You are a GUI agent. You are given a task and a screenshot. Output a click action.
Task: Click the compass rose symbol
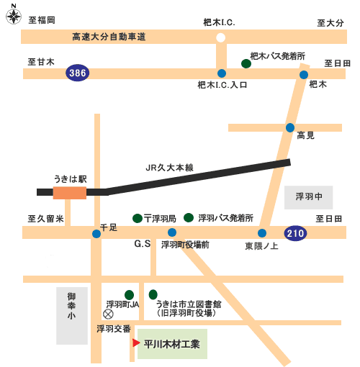click(14, 17)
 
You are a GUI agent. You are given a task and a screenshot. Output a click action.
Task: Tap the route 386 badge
click(78, 73)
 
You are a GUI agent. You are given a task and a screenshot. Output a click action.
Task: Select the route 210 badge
click(295, 233)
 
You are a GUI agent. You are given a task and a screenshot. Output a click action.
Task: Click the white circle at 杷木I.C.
click(220, 37)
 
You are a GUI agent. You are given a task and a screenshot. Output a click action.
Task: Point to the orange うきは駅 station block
click(70, 193)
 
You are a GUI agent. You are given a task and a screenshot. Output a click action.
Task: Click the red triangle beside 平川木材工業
click(136, 343)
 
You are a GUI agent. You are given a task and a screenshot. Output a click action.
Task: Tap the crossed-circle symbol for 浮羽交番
click(108, 314)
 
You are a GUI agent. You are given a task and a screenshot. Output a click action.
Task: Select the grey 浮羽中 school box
click(308, 197)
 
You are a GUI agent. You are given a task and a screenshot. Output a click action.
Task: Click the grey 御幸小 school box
click(72, 316)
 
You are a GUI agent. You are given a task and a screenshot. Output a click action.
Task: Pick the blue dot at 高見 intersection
click(290, 127)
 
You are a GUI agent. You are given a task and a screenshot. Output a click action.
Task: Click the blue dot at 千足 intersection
click(96, 234)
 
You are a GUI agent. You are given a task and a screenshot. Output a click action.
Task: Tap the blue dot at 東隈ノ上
click(262, 233)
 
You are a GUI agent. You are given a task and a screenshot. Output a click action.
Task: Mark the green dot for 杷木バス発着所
click(246, 64)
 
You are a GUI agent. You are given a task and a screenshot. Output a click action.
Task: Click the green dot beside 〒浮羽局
click(138, 218)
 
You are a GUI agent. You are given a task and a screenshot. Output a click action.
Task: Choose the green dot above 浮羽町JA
click(129, 295)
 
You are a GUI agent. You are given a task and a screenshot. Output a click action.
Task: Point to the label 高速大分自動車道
click(109, 37)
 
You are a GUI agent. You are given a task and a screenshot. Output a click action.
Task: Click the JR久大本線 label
click(169, 168)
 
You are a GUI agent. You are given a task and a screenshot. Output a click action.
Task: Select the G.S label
click(143, 244)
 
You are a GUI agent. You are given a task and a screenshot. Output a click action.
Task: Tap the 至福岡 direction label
click(42, 20)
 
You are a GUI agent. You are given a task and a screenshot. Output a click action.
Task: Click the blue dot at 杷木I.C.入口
click(222, 73)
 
